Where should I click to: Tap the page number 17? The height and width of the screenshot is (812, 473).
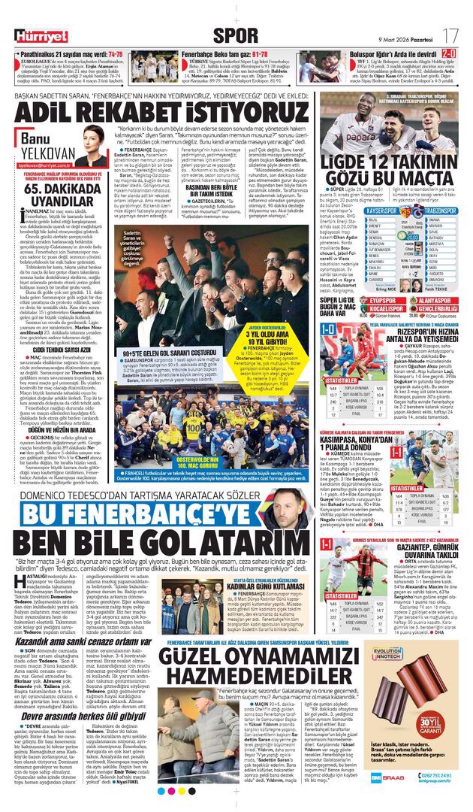(x=450, y=35)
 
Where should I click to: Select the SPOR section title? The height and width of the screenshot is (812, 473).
(x=236, y=35)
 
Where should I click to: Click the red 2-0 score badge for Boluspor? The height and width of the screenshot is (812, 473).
(x=448, y=54)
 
